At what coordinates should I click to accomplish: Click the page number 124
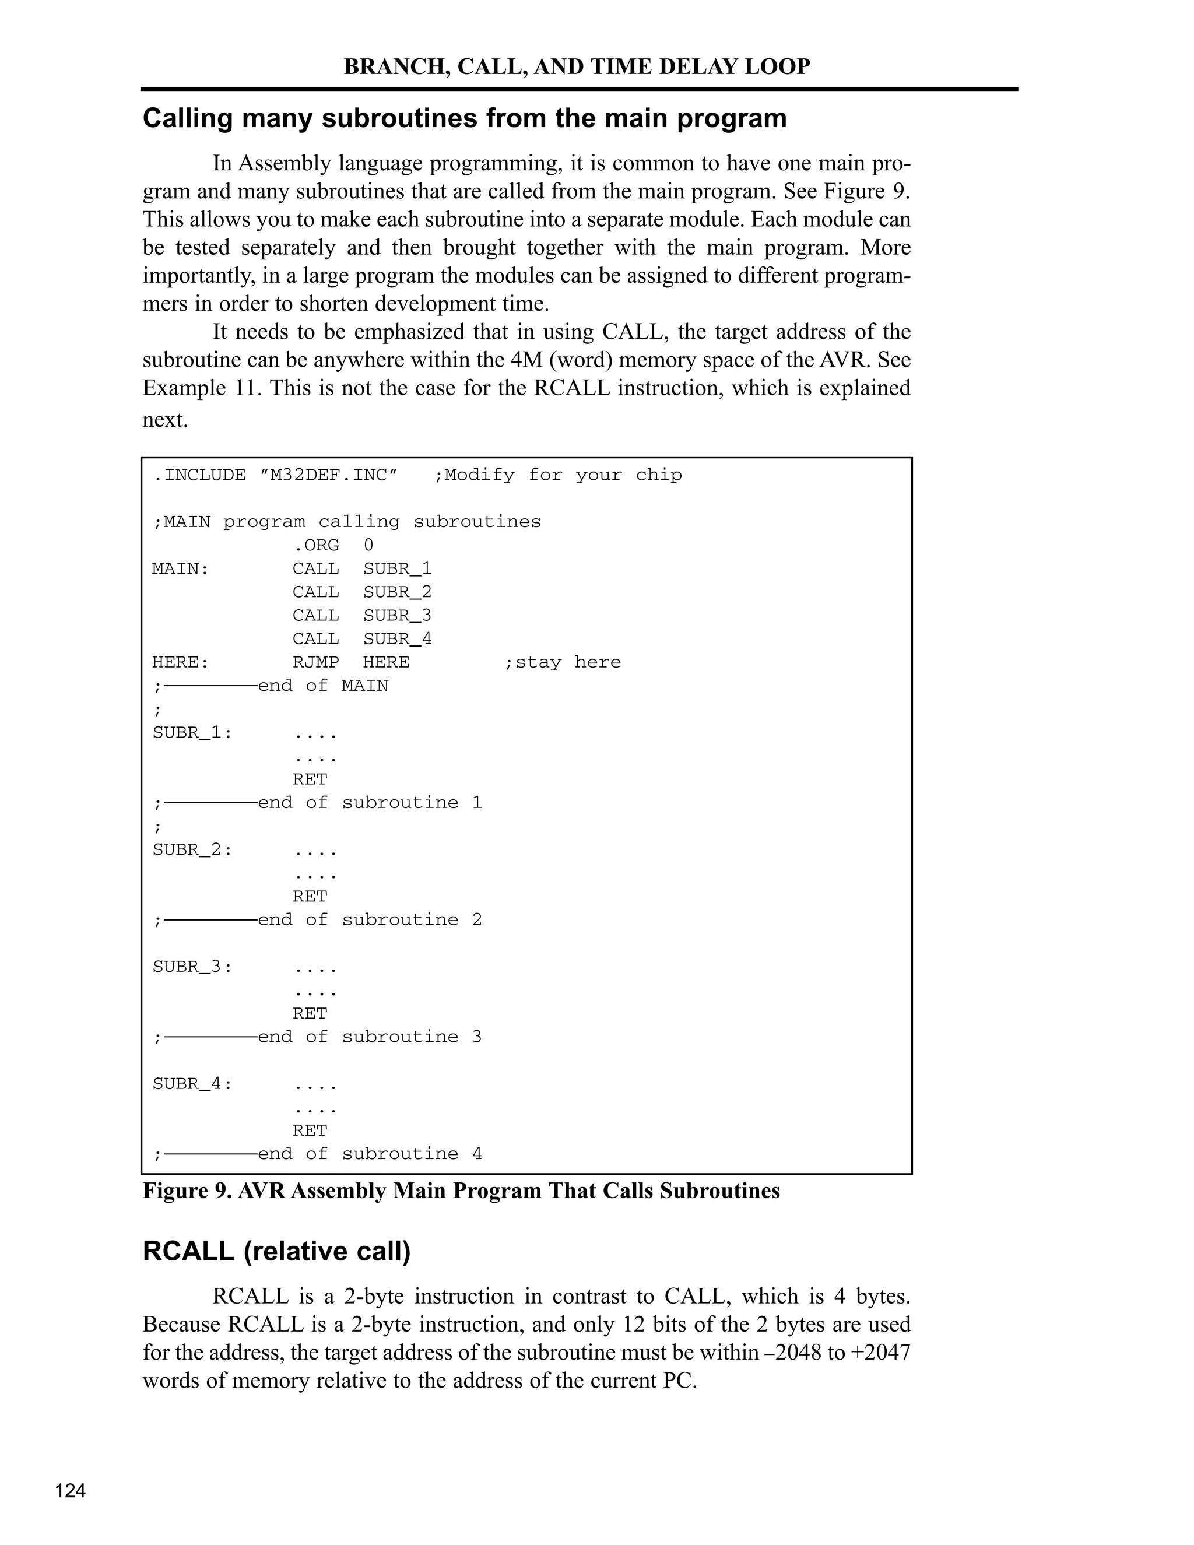pyautogui.click(x=71, y=1491)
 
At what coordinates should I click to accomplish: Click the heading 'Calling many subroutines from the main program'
pyautogui.click(x=464, y=118)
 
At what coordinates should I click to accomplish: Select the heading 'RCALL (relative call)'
pyautogui.click(x=276, y=1251)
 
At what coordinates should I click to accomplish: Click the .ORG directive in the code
pyautogui.click(x=315, y=546)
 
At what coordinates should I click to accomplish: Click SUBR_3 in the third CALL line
pyautogui.click(x=397, y=616)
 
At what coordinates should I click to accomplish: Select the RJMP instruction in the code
pyautogui.click(x=315, y=662)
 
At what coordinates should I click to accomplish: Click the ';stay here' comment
pyautogui.click(x=563, y=662)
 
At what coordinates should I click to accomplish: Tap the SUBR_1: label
pyautogui.click(x=192, y=733)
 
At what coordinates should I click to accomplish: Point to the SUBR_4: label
pyautogui.click(x=192, y=1084)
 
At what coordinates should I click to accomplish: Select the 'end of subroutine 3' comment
pyautogui.click(x=369, y=1037)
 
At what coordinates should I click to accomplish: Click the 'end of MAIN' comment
pyautogui.click(x=323, y=686)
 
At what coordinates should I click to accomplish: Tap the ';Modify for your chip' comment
pyautogui.click(x=558, y=475)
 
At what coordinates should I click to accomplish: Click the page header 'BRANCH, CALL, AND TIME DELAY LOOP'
pyautogui.click(x=577, y=66)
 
